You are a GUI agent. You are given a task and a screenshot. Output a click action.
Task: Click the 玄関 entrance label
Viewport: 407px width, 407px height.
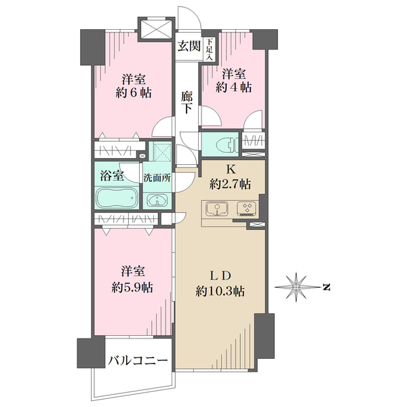pyautogui.click(x=189, y=46)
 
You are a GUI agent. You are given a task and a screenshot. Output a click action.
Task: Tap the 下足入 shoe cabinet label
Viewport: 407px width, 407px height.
pyautogui.click(x=210, y=50)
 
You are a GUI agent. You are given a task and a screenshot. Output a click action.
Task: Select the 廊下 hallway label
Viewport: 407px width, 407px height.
pyautogui.click(x=187, y=102)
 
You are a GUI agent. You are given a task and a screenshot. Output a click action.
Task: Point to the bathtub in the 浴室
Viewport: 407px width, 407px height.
pyautogui.click(x=117, y=198)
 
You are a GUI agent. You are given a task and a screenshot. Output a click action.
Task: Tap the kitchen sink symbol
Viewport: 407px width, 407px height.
pyautogui.click(x=217, y=209)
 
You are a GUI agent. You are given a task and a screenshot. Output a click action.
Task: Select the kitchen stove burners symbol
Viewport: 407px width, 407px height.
pyautogui.click(x=246, y=209)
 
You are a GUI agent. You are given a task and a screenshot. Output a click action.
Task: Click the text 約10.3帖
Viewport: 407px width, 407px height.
pyautogui.click(x=220, y=292)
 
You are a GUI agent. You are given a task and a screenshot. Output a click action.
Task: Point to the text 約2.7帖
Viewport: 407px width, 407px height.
pyautogui.click(x=230, y=185)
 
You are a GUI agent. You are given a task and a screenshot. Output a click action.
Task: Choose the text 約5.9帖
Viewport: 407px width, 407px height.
pyautogui.click(x=132, y=288)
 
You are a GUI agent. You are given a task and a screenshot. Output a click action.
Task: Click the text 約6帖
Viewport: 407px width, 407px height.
pyautogui.click(x=134, y=93)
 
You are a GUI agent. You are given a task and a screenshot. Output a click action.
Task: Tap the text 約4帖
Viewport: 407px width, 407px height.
pyautogui.click(x=233, y=88)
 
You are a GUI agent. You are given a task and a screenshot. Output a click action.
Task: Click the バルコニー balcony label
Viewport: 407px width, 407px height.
pyautogui.click(x=138, y=361)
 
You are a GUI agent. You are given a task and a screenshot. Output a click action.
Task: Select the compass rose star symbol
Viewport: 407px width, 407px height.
pyautogui.click(x=296, y=287)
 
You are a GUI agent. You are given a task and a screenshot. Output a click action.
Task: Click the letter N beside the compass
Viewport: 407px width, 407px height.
pyautogui.click(x=326, y=288)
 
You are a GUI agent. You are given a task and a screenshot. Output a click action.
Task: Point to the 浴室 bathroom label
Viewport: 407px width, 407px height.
pyautogui.click(x=112, y=176)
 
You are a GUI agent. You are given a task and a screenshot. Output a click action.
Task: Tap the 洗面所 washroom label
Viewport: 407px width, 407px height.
pyautogui.click(x=157, y=178)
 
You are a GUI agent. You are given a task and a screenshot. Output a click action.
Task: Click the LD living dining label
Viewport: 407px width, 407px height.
pyautogui.click(x=220, y=276)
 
